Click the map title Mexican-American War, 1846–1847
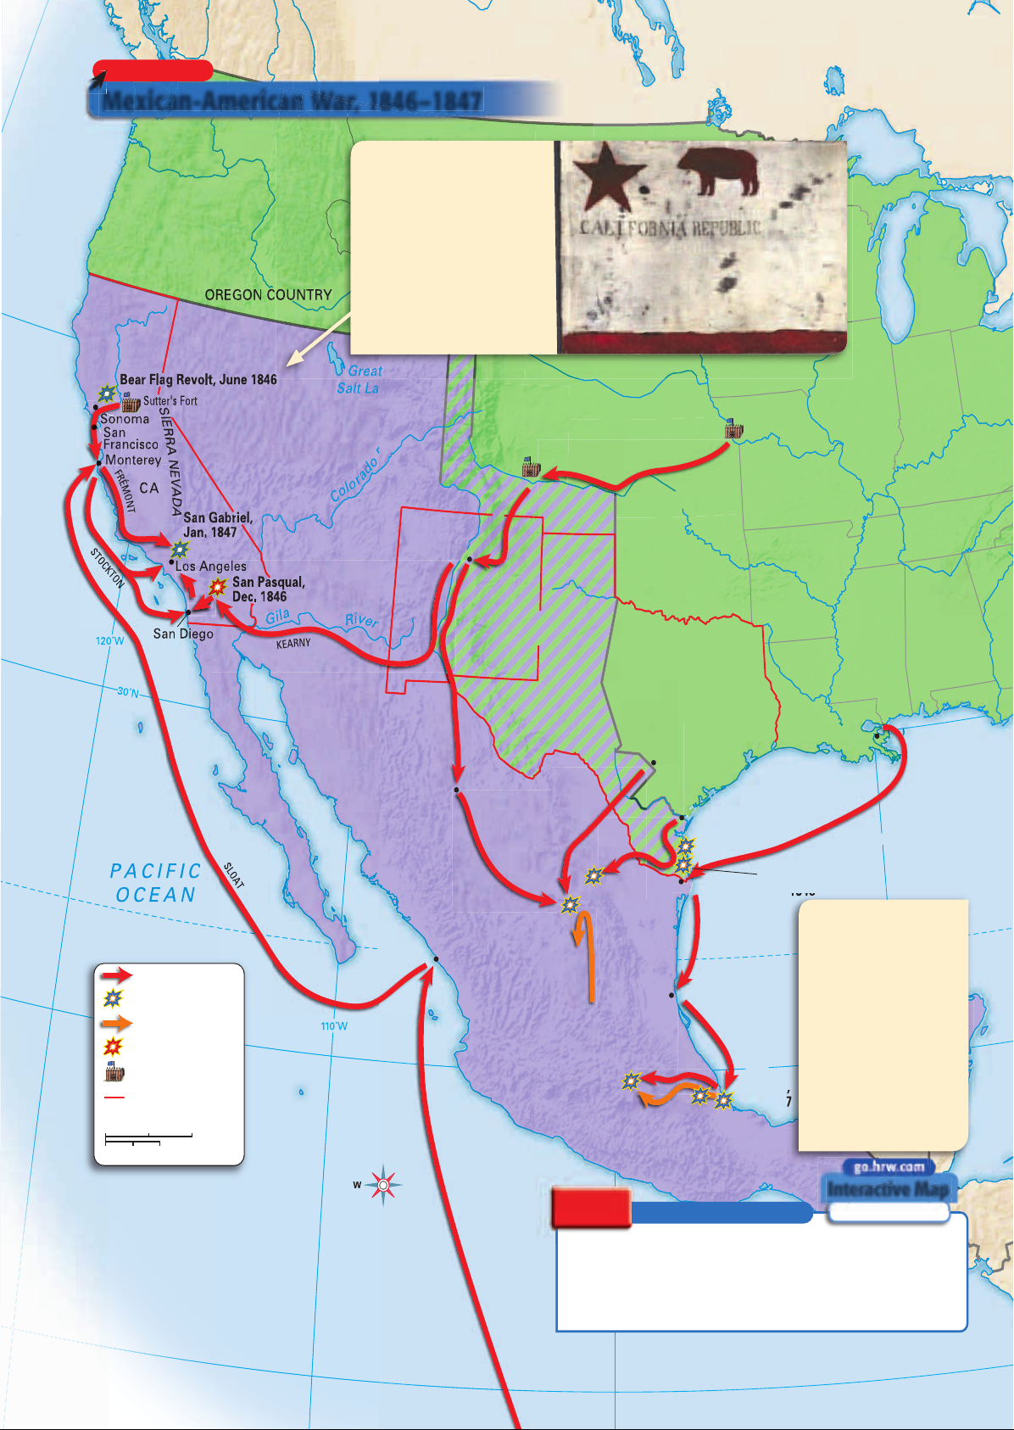[292, 100]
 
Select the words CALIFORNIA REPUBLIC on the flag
[670, 228]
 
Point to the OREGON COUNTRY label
[268, 295]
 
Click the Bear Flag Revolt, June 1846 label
[198, 380]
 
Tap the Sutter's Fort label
[170, 401]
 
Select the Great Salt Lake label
[359, 380]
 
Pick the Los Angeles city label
[211, 566]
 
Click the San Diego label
[183, 634]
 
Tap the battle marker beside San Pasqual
[218, 587]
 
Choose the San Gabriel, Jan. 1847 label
[217, 525]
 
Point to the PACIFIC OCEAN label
[156, 883]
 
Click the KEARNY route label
[293, 644]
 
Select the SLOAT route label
[234, 875]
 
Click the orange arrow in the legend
[115, 1023]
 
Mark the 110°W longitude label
[334, 1026]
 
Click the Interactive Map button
[889, 1189]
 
